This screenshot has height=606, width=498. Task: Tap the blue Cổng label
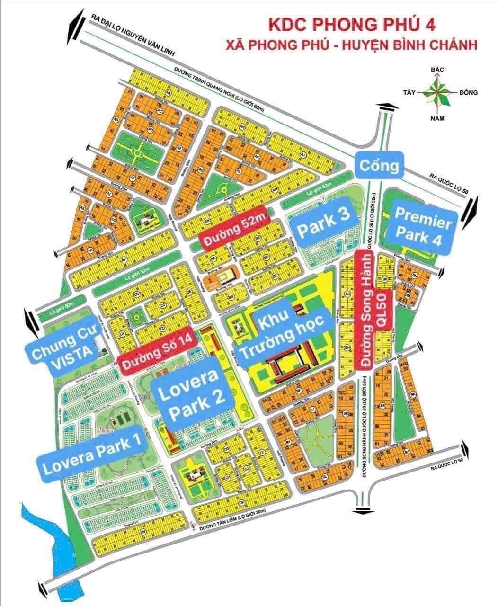tap(378, 166)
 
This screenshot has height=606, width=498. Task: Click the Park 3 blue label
tap(323, 223)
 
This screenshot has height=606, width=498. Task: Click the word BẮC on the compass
tap(437, 70)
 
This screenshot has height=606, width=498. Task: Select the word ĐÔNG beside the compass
tap(468, 93)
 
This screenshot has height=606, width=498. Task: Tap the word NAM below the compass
tap(437, 118)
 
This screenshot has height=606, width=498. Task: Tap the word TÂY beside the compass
tap(409, 93)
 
